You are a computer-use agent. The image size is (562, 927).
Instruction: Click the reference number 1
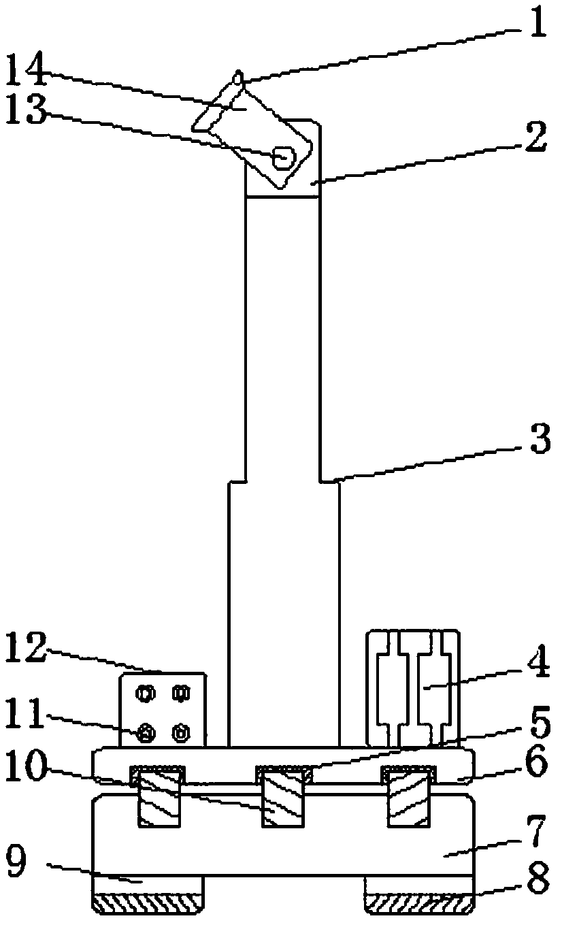coord(538,25)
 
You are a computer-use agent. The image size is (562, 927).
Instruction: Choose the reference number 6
coord(538,765)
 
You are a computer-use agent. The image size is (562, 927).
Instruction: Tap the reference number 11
coord(27,717)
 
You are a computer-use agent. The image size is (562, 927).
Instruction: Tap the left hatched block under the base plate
coord(159,797)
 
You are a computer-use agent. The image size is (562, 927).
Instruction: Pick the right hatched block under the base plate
coord(410,797)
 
